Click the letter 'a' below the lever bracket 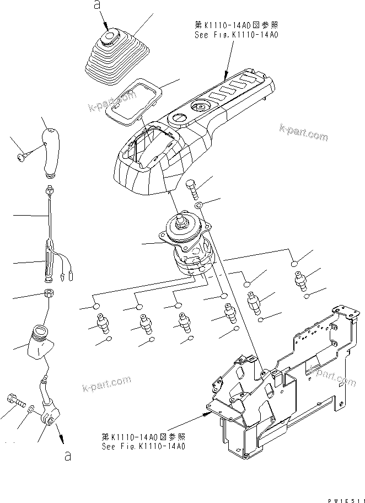[x=68, y=456]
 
